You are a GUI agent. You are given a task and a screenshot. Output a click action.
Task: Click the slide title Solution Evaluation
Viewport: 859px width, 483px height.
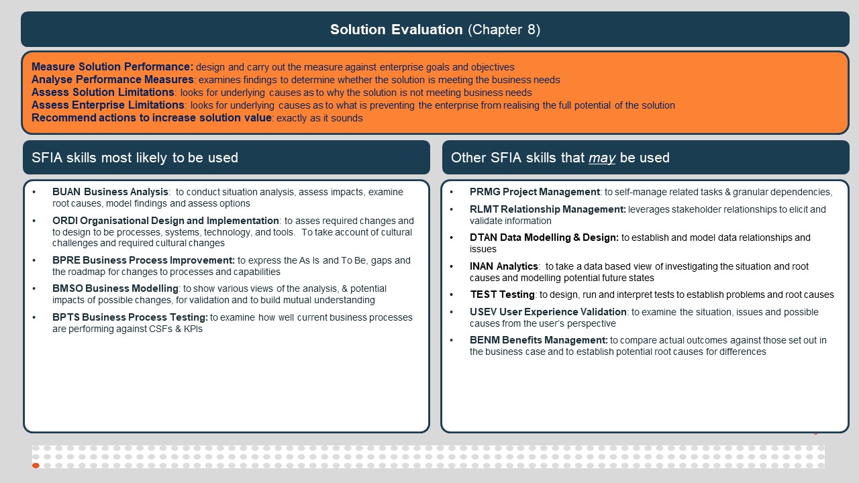coord(396,30)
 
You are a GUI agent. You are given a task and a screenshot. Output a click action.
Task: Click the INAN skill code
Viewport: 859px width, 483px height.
coord(483,266)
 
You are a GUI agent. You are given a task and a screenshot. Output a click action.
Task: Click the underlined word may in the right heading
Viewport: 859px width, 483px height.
coord(602,158)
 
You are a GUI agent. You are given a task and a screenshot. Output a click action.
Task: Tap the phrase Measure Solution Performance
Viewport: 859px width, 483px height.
coord(112,67)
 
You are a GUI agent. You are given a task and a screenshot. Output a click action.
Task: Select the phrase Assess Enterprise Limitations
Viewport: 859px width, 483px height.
coord(108,105)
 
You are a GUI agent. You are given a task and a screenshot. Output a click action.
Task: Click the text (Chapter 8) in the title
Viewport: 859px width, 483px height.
coord(504,30)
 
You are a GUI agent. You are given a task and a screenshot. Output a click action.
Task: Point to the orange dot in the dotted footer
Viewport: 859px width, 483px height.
coord(36,466)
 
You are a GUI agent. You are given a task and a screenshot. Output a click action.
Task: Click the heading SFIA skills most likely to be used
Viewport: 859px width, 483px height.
coord(135,158)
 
